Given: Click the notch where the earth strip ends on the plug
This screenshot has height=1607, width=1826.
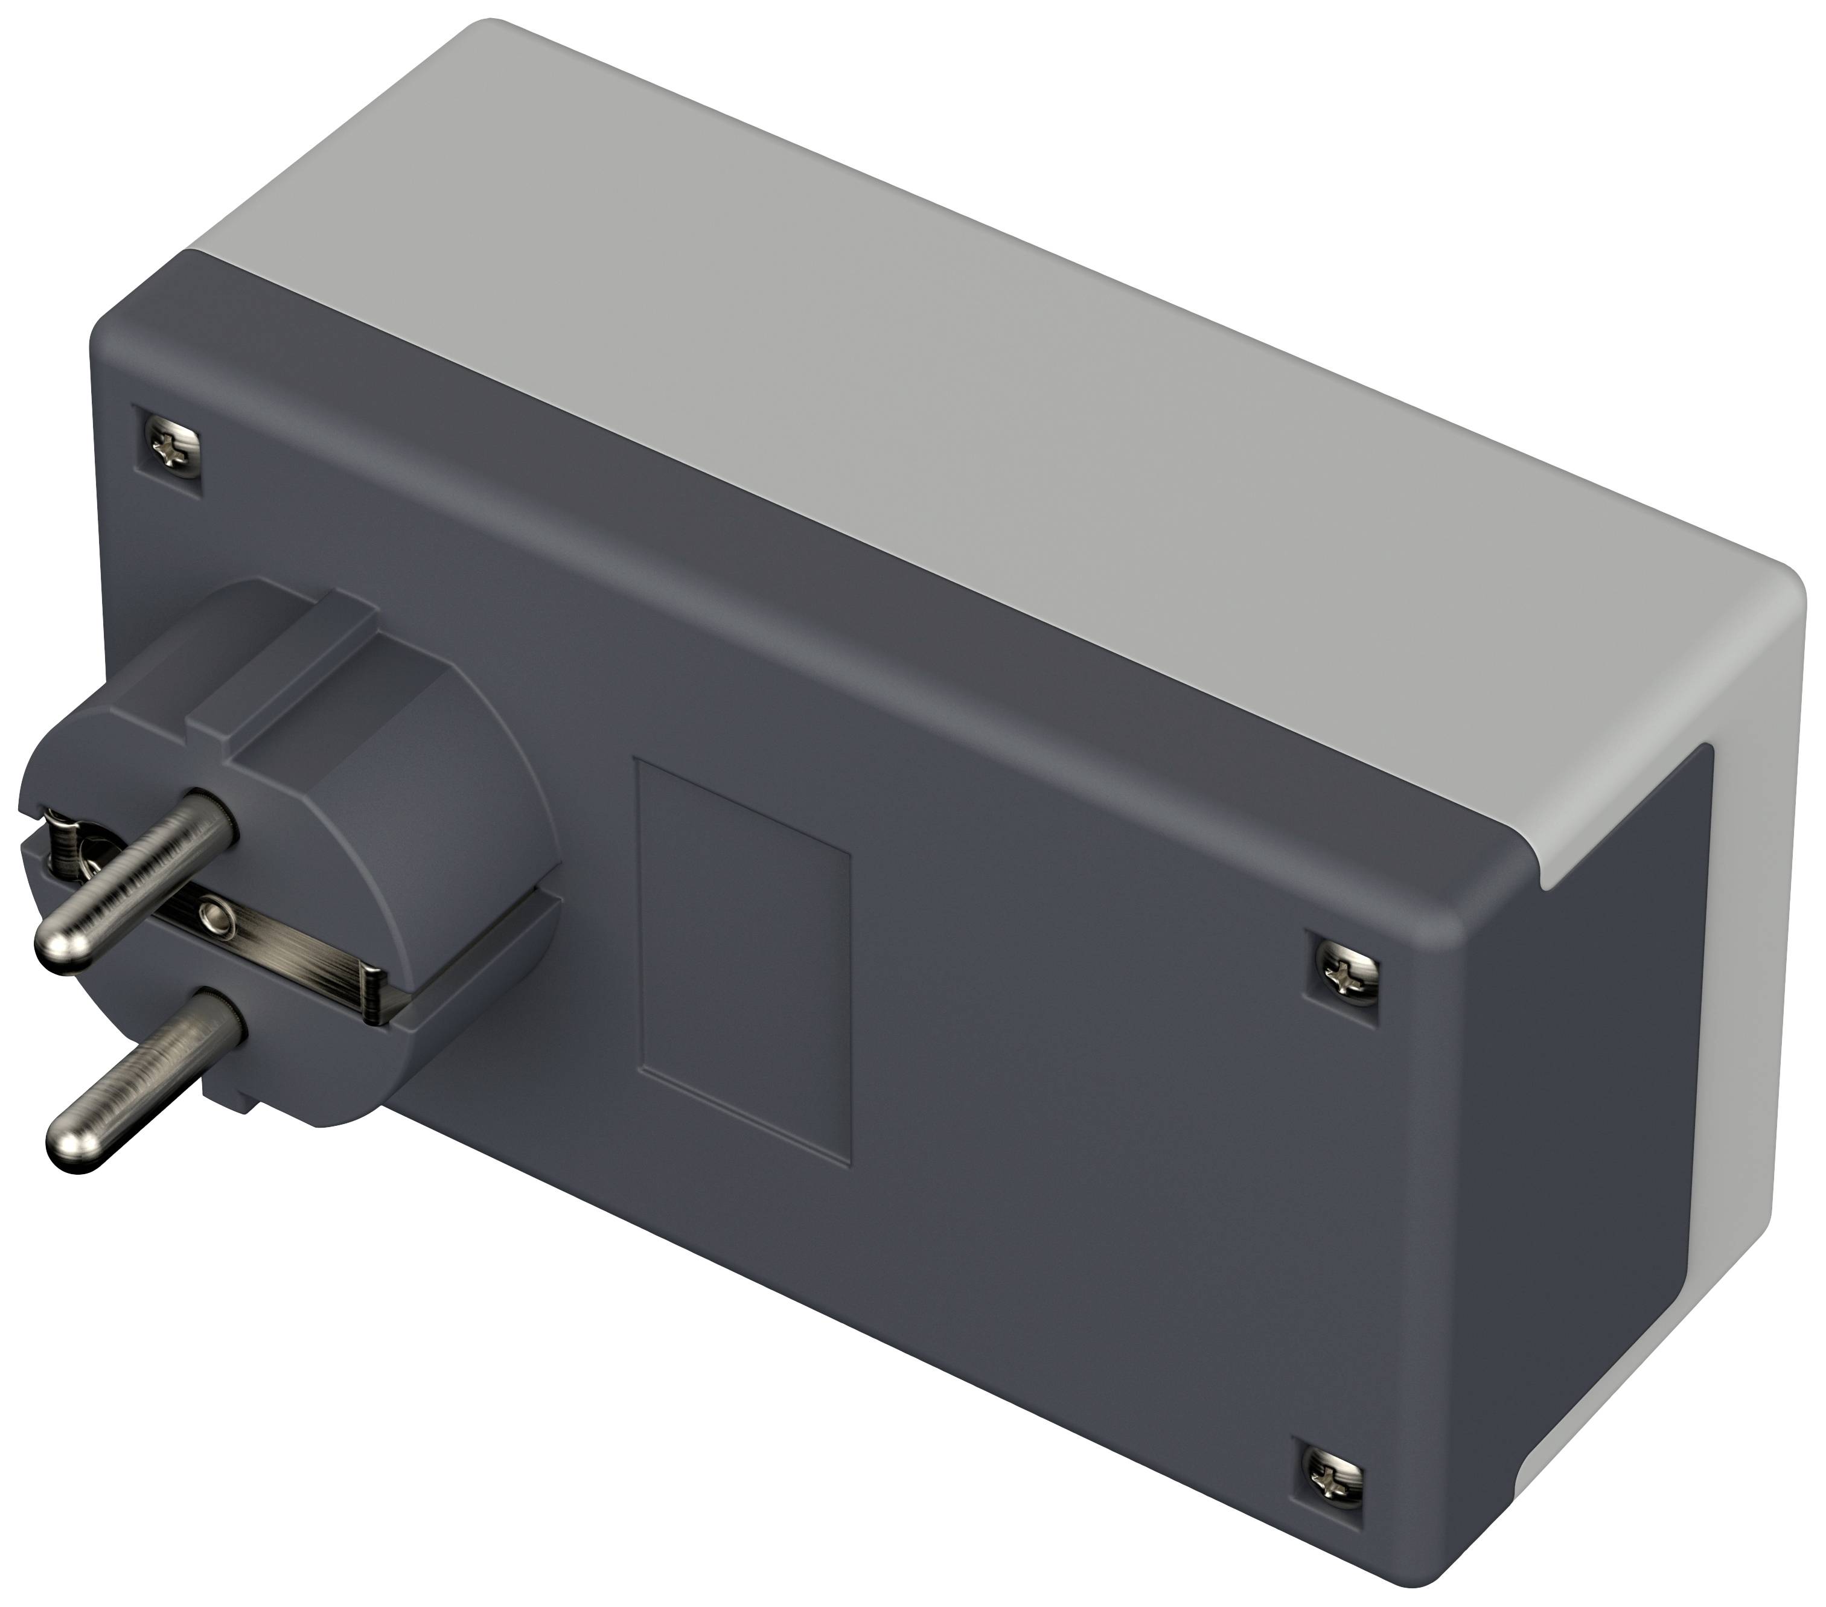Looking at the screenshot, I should point(380,991).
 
